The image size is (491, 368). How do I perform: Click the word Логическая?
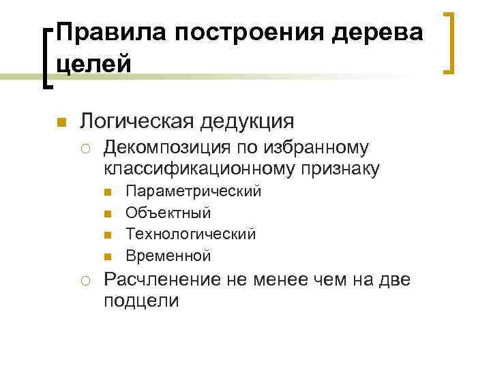[x=138, y=121]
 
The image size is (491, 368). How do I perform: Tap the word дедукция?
[x=249, y=121]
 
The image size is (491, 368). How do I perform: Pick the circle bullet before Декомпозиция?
[x=89, y=148]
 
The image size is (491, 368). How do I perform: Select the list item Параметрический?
[x=194, y=191]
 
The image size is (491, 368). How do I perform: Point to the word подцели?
[x=141, y=300]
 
